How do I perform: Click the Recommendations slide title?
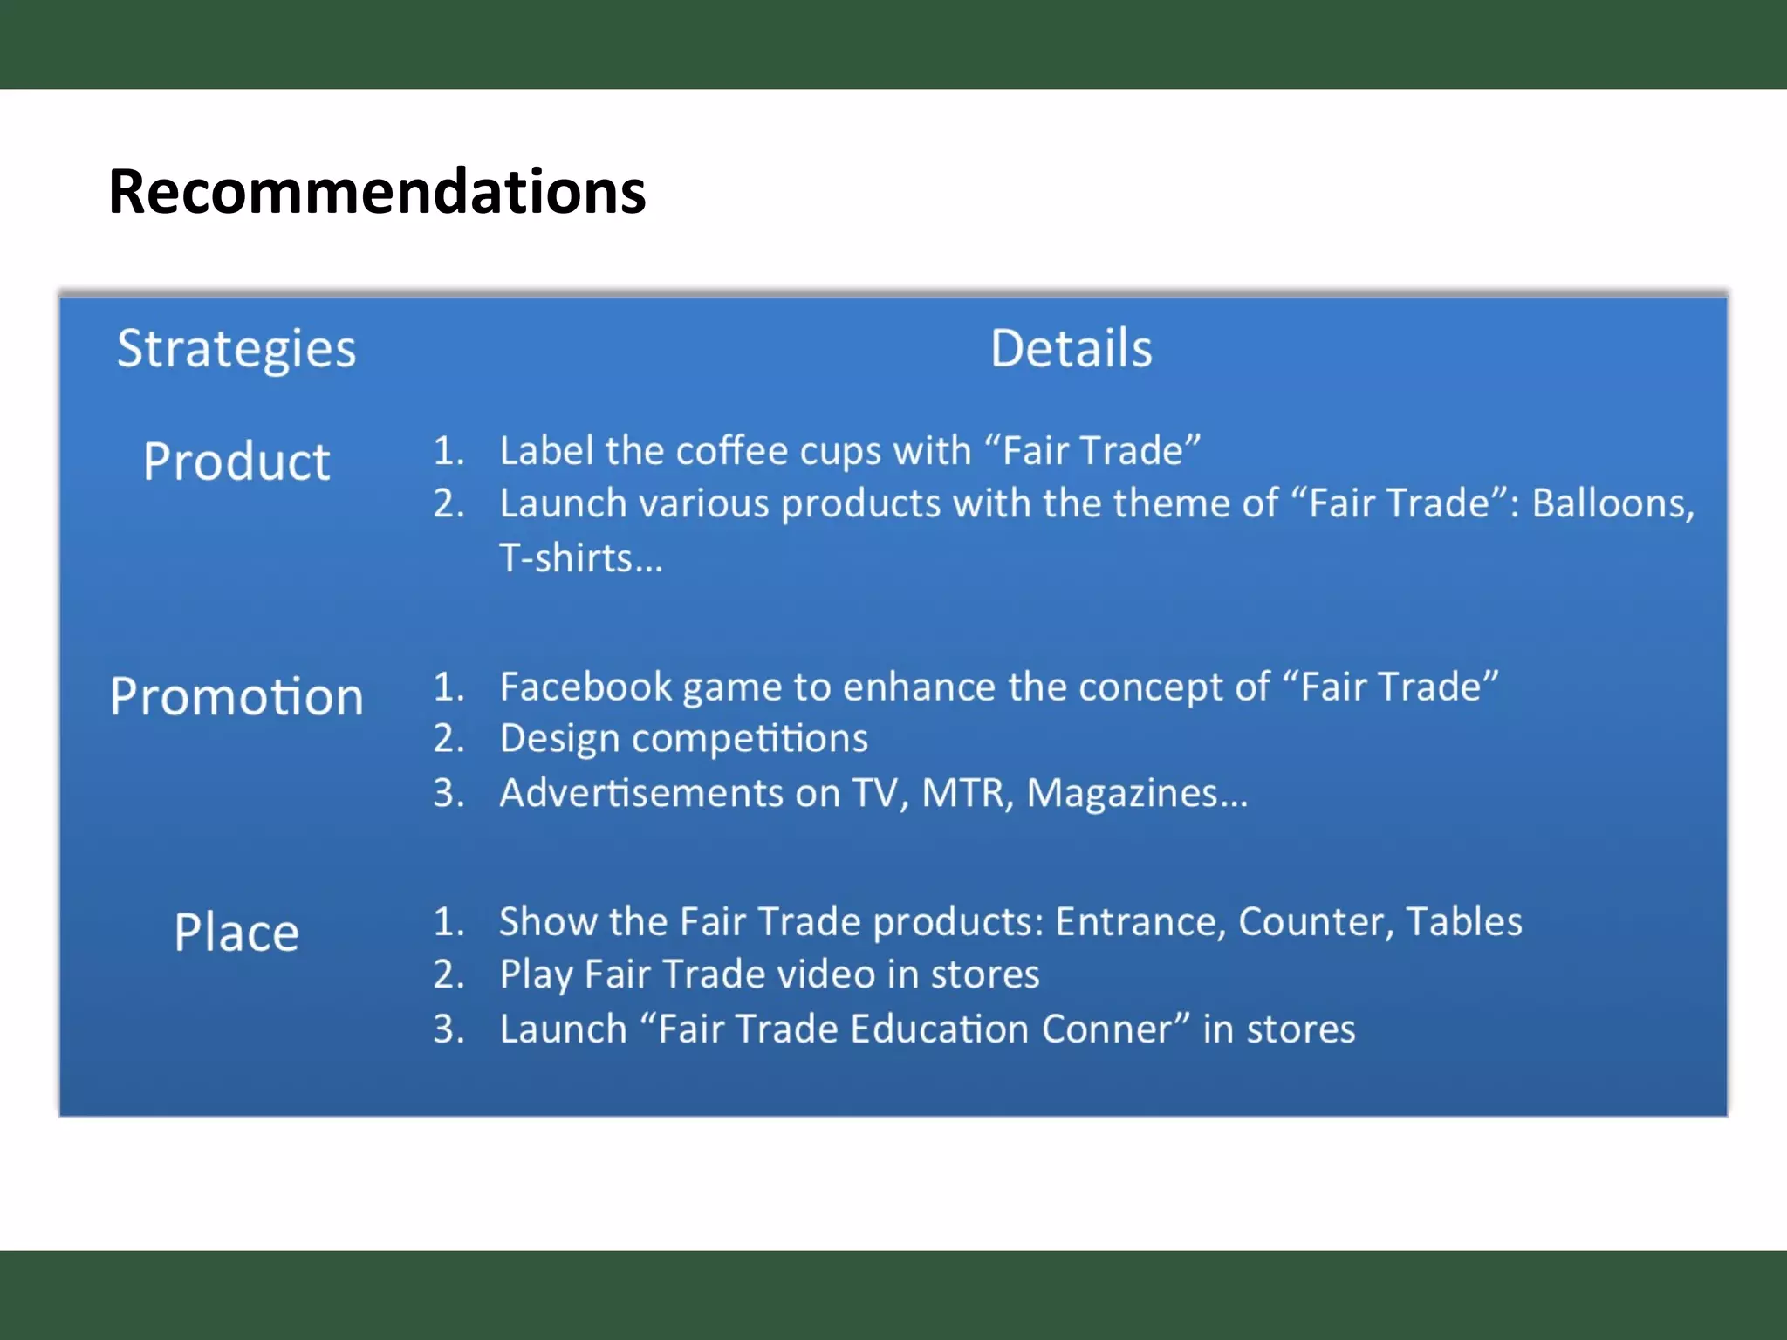[x=377, y=192]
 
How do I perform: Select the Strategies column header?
[x=236, y=350]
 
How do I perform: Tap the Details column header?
[x=1072, y=349]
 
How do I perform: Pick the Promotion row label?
[x=236, y=696]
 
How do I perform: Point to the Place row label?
[x=236, y=932]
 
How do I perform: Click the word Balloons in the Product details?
[x=1612, y=503]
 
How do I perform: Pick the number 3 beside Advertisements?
[x=448, y=794]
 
